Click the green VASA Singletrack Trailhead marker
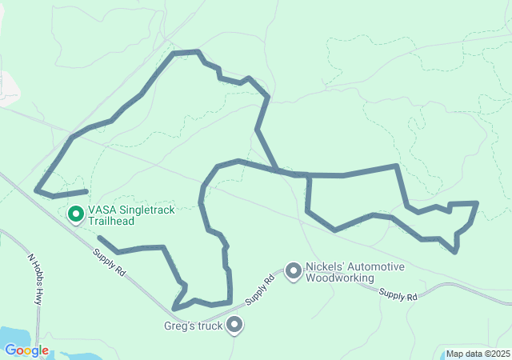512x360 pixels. tap(76, 214)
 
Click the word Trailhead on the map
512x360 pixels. tap(111, 222)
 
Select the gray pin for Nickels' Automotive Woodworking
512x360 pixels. tap(294, 272)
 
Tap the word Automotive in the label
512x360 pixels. tap(375, 267)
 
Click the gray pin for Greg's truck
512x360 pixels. tap(234, 325)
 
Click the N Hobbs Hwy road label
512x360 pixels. tap(34, 279)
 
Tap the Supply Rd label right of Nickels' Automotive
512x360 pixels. tap(398, 296)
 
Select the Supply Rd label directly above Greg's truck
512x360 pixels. tap(260, 290)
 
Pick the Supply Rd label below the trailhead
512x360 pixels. tap(109, 262)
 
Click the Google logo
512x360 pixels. tap(26, 350)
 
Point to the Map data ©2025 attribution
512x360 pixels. tap(477, 354)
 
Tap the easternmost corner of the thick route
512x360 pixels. tap(477, 203)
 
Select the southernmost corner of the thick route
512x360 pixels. tap(174, 309)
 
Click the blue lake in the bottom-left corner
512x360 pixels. tap(16, 338)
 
